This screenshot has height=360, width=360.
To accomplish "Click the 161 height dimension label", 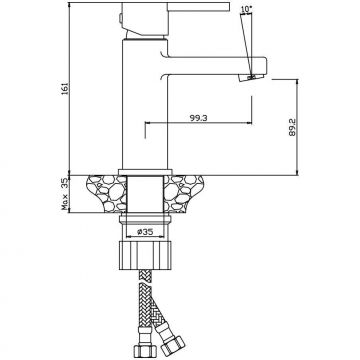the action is tap(65, 88).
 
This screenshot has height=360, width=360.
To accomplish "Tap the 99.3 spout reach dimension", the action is tap(199, 118).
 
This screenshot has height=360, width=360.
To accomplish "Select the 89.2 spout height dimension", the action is tap(292, 127).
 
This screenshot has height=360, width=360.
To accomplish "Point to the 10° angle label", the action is tap(246, 9).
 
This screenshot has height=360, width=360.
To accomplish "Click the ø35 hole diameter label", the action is tap(145, 232).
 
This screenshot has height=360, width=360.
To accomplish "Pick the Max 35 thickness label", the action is tap(65, 194).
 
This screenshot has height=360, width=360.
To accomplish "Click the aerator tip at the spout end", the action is tap(252, 78).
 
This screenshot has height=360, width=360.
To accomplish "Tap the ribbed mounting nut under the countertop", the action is tap(145, 255).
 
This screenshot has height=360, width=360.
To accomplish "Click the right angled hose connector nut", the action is tap(172, 347).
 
